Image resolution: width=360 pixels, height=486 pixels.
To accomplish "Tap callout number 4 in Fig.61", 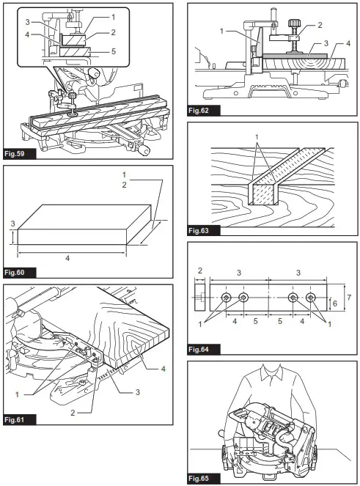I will point(164,369).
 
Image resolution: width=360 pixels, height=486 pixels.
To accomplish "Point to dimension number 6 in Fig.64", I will point(335,302).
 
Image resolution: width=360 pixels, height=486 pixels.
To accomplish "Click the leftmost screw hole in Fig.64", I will point(226,297).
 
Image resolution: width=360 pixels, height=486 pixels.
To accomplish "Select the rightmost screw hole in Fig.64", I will point(311,297).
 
